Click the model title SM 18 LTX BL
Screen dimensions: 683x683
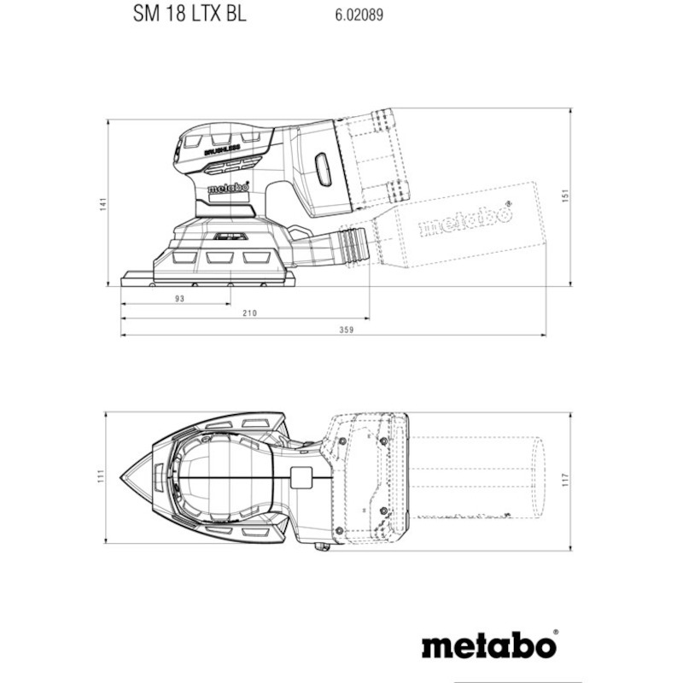[x=190, y=14]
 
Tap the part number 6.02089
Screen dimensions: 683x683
[x=359, y=15]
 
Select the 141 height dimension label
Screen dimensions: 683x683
[x=102, y=204]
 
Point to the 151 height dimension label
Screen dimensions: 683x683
[x=565, y=196]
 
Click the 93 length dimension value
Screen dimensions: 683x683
[x=179, y=298]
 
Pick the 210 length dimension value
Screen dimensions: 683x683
[x=249, y=312]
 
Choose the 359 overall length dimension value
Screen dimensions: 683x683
[x=347, y=330]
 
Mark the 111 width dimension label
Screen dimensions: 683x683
[x=101, y=476]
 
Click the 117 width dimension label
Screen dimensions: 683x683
[x=565, y=480]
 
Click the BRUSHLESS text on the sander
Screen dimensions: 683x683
[x=222, y=150]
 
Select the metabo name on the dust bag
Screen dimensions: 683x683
[x=464, y=220]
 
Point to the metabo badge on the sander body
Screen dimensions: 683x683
[x=228, y=188]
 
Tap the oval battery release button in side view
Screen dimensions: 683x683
[x=323, y=168]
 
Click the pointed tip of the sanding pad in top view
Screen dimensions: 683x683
[x=120, y=477]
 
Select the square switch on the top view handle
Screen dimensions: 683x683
[x=301, y=478]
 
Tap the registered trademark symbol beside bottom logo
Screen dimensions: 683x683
[x=556, y=633]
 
